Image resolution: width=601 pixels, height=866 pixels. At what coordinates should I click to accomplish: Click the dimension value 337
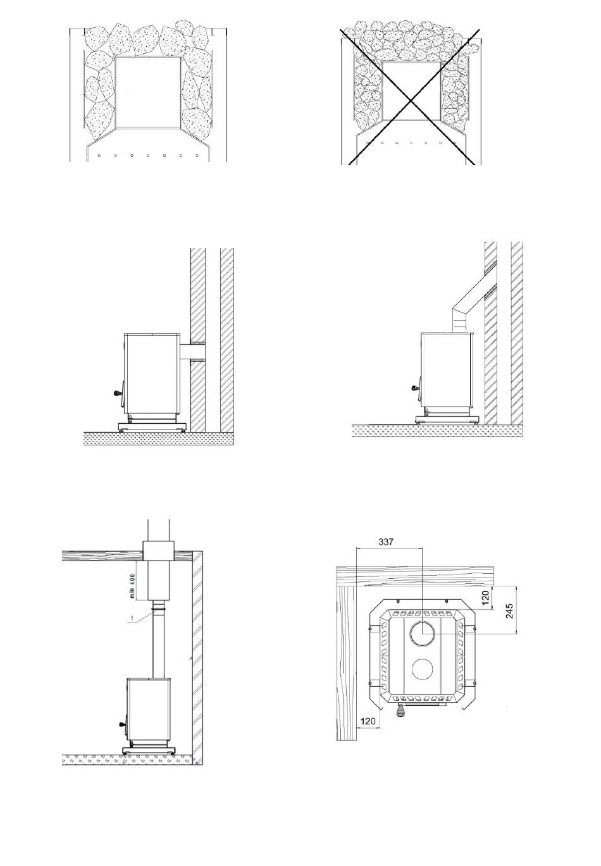(x=385, y=541)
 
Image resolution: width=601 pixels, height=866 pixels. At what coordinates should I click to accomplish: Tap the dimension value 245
(x=509, y=611)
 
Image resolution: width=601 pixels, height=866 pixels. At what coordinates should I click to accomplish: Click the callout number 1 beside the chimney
(x=132, y=619)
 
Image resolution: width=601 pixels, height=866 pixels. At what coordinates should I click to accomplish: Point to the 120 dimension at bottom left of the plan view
(x=368, y=721)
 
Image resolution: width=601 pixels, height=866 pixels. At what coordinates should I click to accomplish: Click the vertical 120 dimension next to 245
(x=486, y=596)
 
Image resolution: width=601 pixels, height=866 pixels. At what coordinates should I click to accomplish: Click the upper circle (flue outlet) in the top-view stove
(x=423, y=634)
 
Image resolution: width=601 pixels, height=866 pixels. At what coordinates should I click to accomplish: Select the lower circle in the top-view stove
(x=423, y=669)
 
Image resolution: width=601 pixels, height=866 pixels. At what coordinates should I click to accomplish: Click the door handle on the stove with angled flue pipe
(x=415, y=387)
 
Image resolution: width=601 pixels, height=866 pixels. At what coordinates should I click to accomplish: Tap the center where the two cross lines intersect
(x=411, y=100)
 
